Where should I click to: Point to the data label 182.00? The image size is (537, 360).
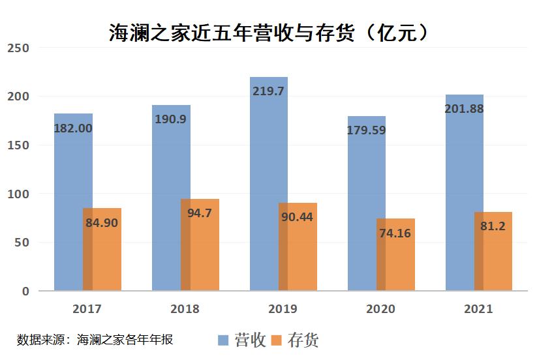[x=72, y=128]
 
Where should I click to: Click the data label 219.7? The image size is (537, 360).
[x=268, y=91]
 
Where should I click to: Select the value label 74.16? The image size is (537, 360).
[x=394, y=232]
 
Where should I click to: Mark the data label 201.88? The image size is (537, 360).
[x=463, y=109]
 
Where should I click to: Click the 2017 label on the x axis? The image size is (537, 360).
[x=87, y=309]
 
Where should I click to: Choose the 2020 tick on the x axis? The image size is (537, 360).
[x=381, y=309]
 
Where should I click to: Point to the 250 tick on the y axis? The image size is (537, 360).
[x=18, y=48]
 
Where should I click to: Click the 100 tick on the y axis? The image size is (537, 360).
[x=18, y=194]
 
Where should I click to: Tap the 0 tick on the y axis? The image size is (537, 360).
[x=25, y=292]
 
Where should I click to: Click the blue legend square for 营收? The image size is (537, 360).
[x=223, y=340]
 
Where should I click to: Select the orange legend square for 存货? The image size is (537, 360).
[x=277, y=340]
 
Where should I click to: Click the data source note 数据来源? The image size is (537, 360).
[x=95, y=340]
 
